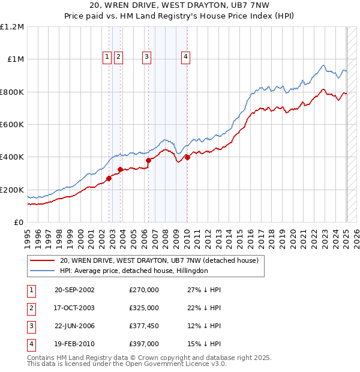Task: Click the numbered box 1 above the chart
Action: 106,57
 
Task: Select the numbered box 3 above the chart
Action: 146,57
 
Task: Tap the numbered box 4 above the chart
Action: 186,57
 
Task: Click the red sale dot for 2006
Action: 148,160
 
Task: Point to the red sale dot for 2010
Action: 187,157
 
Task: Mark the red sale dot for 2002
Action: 109,178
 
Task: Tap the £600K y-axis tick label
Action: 13,125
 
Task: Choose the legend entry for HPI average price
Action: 133,271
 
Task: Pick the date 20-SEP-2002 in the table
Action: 74,290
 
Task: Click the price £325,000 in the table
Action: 144,308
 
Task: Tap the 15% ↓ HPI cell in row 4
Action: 204,344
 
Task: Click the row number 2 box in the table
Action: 31,308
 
